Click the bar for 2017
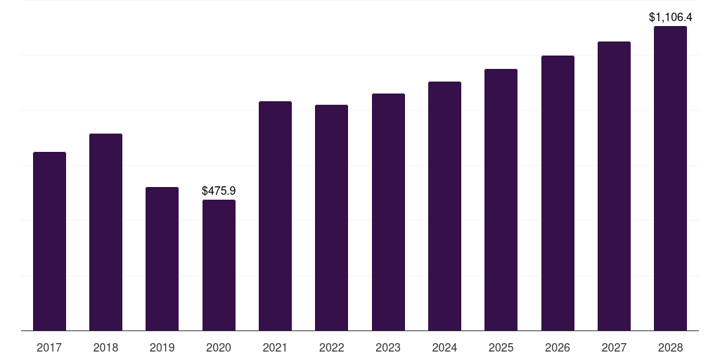point(49,241)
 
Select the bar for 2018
point(105,232)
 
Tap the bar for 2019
point(162,259)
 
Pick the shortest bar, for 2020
point(219,265)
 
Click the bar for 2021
point(275,216)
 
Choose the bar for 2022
point(331,218)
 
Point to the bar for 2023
point(388,212)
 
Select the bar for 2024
point(444,206)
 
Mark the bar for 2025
point(501,200)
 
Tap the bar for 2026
point(558,193)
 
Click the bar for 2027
point(614,186)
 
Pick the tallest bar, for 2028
point(670,179)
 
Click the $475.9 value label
point(219,191)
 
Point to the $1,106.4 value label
point(670,17)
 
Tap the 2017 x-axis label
point(49,347)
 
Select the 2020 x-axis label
point(219,347)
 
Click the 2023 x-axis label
point(388,347)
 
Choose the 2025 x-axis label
point(501,347)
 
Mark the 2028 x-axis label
point(670,347)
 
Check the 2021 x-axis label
point(275,347)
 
